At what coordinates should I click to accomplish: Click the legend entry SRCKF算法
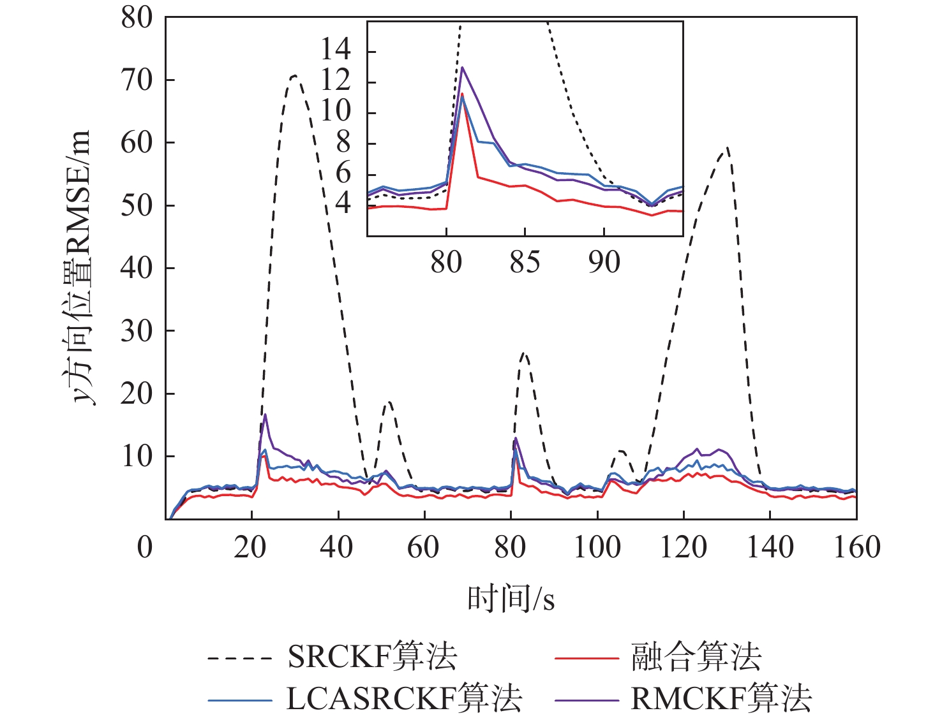tap(372, 656)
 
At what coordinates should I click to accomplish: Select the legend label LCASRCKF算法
tap(404, 698)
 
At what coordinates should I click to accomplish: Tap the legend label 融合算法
tap(696, 656)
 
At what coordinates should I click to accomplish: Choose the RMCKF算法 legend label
tap(721, 698)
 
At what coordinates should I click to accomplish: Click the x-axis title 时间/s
tap(511, 598)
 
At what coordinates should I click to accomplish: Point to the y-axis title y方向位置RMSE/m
tap(80, 268)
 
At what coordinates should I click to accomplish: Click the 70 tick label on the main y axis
tap(137, 80)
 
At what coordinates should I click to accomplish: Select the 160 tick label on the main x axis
tap(856, 547)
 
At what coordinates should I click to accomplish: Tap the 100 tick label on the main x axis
tap(597, 547)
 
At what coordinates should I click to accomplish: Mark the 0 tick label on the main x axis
tap(145, 547)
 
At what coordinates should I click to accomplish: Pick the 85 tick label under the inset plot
tap(525, 262)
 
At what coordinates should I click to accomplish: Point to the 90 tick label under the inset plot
tap(604, 262)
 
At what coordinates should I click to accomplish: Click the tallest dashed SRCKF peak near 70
tap(294, 76)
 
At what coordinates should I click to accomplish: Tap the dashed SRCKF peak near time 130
tap(727, 148)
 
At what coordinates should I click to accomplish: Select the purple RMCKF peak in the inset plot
tap(462, 68)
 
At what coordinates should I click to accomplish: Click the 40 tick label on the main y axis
tap(137, 268)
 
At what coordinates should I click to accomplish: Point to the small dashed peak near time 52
tap(389, 402)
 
